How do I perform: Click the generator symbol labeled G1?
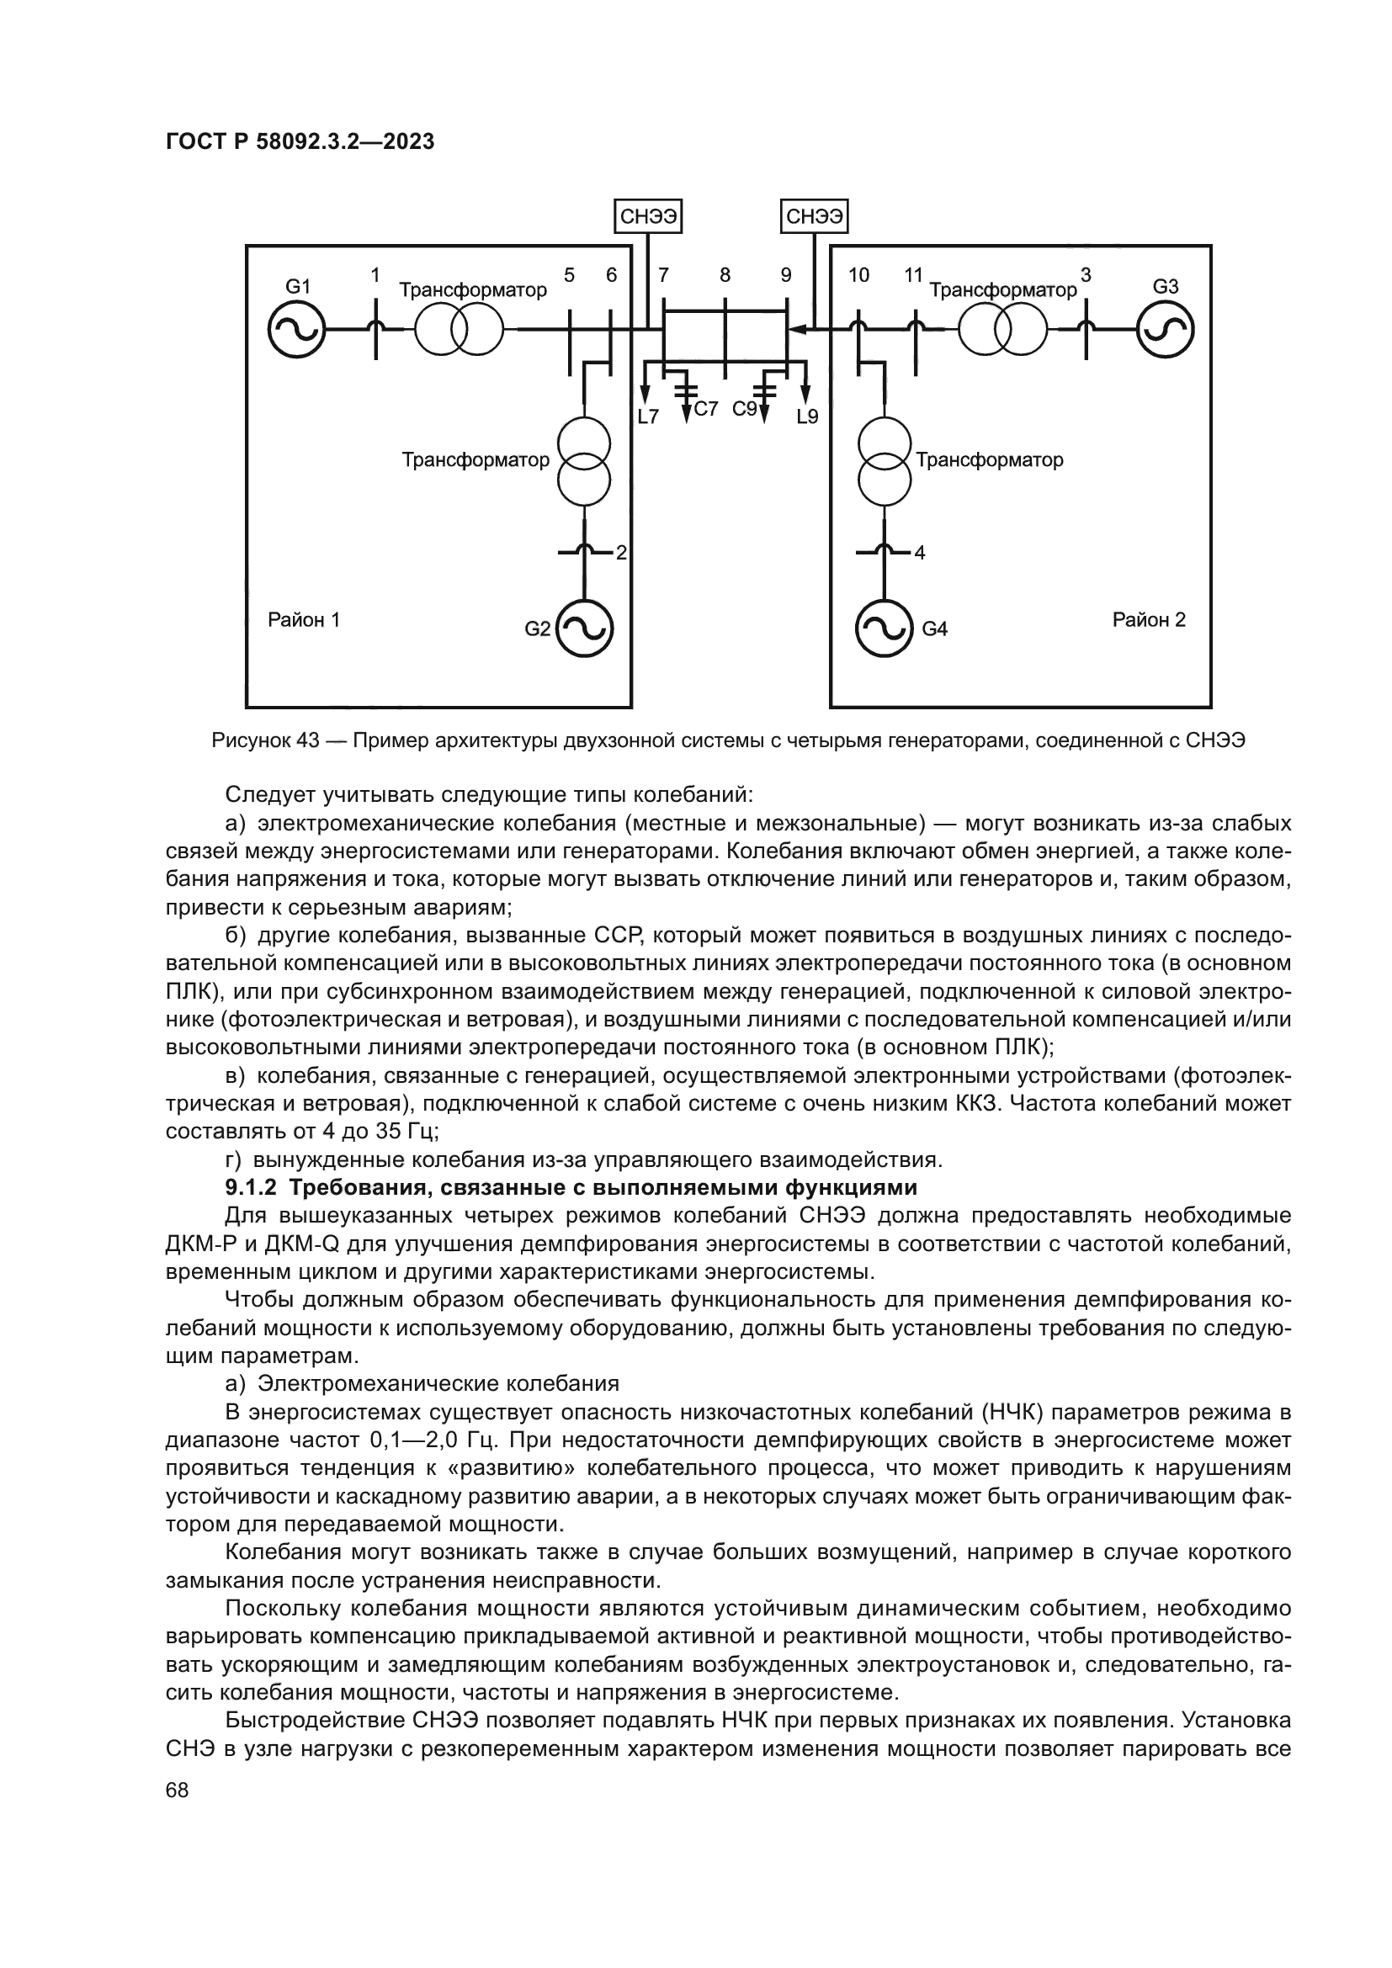tap(295, 330)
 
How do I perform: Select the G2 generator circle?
tap(585, 629)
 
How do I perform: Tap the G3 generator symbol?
tap(1166, 330)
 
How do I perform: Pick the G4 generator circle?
tap(884, 629)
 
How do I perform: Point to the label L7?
tap(648, 417)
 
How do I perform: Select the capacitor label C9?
tap(744, 409)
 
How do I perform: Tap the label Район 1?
tap(304, 620)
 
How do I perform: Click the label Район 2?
tap(1149, 620)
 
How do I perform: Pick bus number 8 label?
tap(725, 275)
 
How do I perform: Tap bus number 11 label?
tap(913, 275)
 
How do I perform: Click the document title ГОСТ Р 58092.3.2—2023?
tap(300, 142)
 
